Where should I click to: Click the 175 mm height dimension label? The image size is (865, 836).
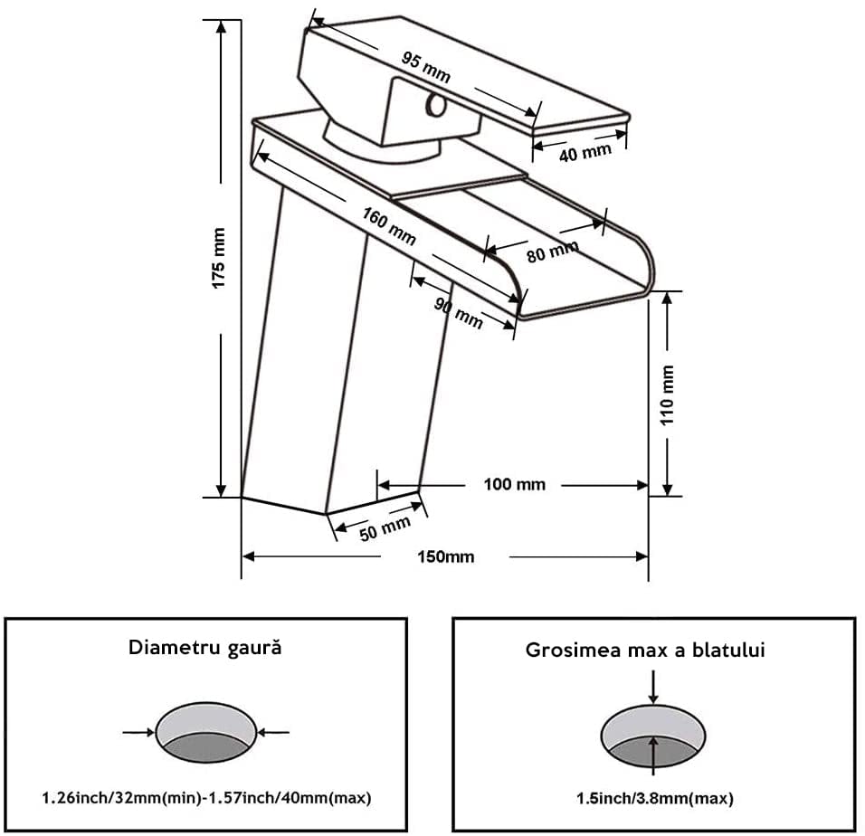pos(219,259)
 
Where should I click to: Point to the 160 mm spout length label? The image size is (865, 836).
pos(389,226)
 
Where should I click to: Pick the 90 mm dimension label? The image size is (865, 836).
pos(458,312)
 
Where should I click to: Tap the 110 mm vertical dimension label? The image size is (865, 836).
pos(668,395)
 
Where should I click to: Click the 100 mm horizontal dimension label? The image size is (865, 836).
pos(515,484)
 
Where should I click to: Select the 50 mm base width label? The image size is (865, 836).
pos(385,527)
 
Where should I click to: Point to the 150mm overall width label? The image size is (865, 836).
pos(446,556)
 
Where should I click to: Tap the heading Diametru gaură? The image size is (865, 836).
pos(205,648)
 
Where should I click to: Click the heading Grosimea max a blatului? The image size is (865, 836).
pos(645,650)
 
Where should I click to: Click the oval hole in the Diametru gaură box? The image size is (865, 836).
pos(206,733)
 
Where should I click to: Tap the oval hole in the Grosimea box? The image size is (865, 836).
pos(653,733)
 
